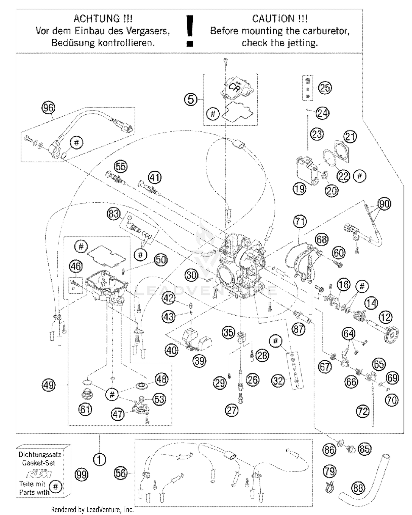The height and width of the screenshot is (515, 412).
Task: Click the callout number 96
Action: (x=48, y=108)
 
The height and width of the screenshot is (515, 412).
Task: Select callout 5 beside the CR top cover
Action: (x=191, y=99)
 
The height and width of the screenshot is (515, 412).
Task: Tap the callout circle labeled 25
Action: (x=325, y=88)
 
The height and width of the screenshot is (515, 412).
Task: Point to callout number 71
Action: (x=300, y=222)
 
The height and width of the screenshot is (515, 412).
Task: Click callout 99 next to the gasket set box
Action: (x=81, y=474)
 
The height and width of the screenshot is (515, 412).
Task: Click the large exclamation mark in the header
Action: (x=190, y=30)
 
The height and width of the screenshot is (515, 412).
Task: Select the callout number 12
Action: (x=385, y=317)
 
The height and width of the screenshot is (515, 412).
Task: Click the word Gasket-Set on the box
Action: (x=39, y=463)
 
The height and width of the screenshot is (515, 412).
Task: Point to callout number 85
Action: (x=365, y=449)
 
